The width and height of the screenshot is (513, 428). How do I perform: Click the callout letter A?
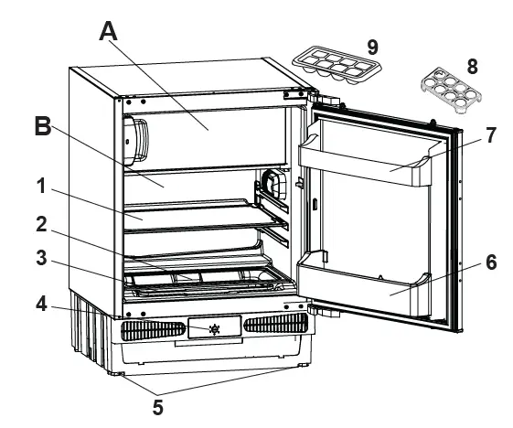(x=108, y=31)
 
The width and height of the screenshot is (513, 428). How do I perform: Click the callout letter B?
(x=43, y=126)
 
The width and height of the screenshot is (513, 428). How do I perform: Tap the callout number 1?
(x=41, y=187)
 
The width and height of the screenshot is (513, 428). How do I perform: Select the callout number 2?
(x=41, y=224)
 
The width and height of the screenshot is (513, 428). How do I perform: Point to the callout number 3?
(x=41, y=258)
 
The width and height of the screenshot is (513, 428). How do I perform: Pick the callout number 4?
(x=41, y=305)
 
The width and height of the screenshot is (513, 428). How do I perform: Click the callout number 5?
(x=157, y=407)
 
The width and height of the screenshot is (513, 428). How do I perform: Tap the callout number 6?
(x=491, y=262)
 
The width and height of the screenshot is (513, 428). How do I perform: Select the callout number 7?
(x=490, y=135)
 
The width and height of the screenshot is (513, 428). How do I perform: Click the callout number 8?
(x=472, y=67)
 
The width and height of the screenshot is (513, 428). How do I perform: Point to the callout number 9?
(x=373, y=48)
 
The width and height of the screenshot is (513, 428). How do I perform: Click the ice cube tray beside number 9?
(x=337, y=66)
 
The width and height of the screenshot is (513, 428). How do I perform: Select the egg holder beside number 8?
(x=451, y=90)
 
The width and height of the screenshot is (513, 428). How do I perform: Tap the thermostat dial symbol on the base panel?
(x=214, y=329)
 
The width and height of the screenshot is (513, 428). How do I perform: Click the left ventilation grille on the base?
(x=154, y=330)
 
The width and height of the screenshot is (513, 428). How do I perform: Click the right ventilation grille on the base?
(x=276, y=323)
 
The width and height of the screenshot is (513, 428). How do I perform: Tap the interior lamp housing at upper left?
(x=134, y=141)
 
